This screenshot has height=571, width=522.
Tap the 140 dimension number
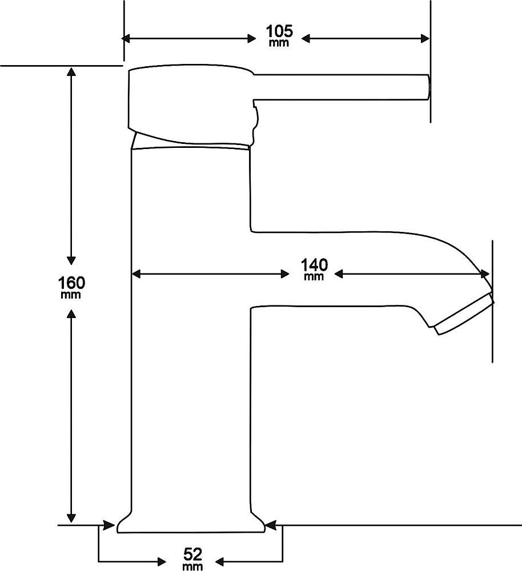(314, 265)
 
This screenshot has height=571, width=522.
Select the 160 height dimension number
(71, 283)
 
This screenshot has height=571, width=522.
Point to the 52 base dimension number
(193, 553)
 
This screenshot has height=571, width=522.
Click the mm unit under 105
(279, 43)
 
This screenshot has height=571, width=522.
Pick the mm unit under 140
(314, 277)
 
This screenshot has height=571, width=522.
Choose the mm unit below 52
(193, 565)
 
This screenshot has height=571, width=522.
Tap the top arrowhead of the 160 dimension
(71, 72)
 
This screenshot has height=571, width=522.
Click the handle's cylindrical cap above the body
(188, 106)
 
